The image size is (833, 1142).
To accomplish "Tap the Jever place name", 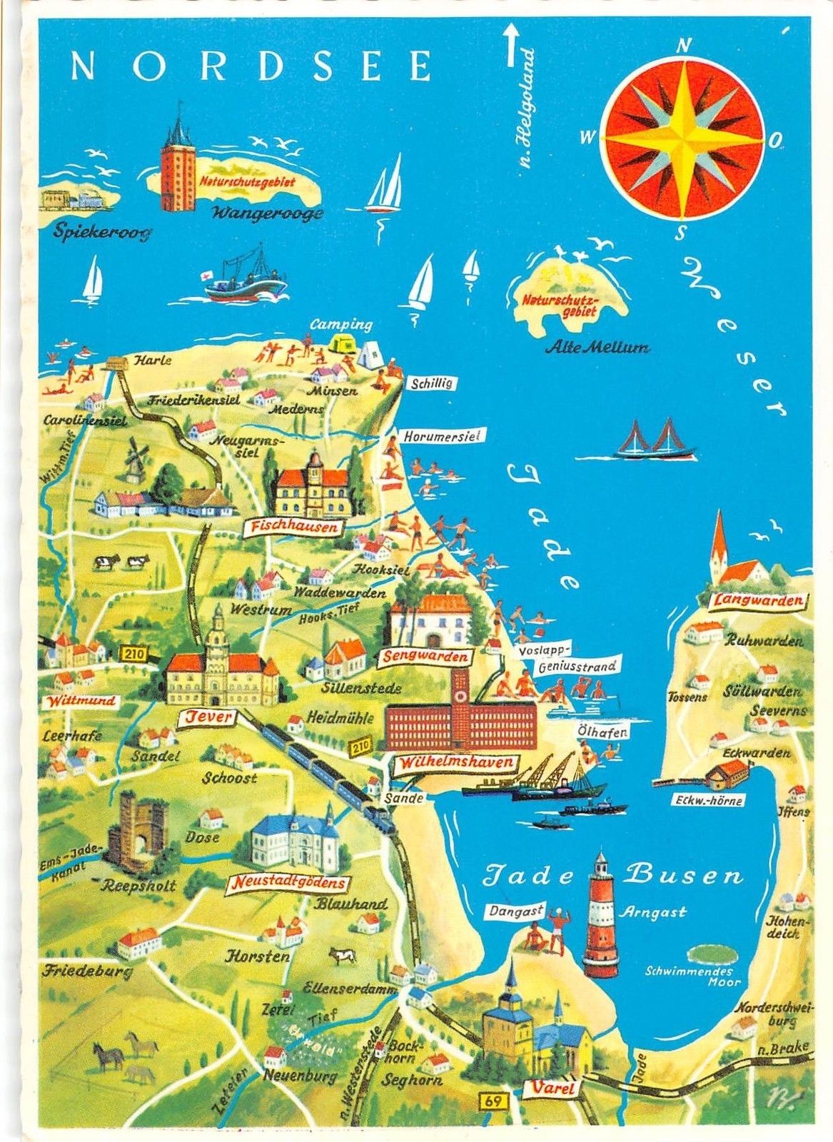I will click(x=210, y=717).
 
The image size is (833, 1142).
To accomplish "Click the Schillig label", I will click(x=432, y=383).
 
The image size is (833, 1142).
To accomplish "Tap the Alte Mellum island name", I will click(x=597, y=348).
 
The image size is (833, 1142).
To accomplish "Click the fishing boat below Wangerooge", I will click(x=245, y=277).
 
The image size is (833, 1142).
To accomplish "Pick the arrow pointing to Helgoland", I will click(x=510, y=44).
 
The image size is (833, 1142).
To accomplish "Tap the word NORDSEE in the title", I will click(x=252, y=66).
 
